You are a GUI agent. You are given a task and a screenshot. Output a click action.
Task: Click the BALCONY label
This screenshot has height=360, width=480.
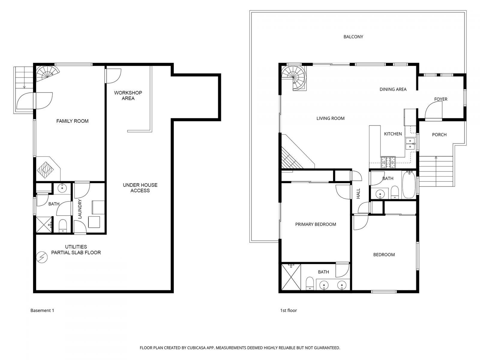click(353, 37)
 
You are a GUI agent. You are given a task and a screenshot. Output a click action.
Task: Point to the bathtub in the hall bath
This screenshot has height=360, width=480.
click(408, 184)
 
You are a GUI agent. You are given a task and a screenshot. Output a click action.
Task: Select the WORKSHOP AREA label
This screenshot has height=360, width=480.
click(128, 95)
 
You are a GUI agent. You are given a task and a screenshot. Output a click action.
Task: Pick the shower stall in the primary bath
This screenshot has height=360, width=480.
click(290, 277)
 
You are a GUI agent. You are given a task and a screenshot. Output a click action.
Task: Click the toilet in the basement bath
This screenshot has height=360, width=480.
click(63, 225)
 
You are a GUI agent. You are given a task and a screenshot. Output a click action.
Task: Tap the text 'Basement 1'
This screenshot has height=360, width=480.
click(42, 310)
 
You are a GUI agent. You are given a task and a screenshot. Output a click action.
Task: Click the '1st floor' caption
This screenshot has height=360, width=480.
click(288, 310)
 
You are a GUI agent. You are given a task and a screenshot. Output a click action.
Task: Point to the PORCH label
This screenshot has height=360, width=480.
click(439, 135)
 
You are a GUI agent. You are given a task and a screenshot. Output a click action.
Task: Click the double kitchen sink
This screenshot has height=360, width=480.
click(410, 144)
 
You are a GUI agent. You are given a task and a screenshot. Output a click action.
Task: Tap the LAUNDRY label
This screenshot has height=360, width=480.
click(80, 209)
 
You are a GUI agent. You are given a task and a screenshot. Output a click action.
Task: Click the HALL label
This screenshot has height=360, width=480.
click(358, 193)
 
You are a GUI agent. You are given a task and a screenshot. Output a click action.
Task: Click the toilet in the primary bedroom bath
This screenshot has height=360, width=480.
click(310, 283)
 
